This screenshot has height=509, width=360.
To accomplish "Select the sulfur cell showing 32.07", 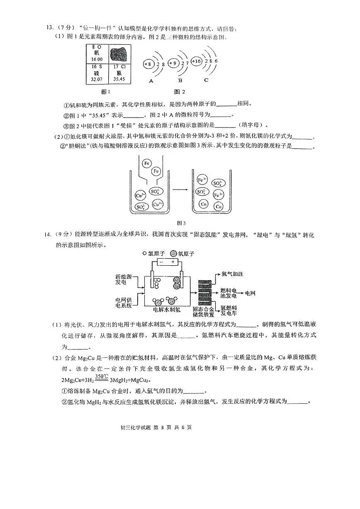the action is coord(97,73).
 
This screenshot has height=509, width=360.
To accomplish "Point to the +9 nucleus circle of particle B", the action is coord(174,63).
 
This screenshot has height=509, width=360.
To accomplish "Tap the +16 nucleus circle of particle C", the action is coord(197,62).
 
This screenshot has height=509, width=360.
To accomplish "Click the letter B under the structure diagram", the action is coord(180,80).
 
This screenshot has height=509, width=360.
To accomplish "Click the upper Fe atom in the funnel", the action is coord(147,163).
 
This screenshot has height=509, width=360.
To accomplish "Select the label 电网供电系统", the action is coord(124,302).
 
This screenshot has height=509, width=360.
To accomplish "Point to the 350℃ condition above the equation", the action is coord(102,376).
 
